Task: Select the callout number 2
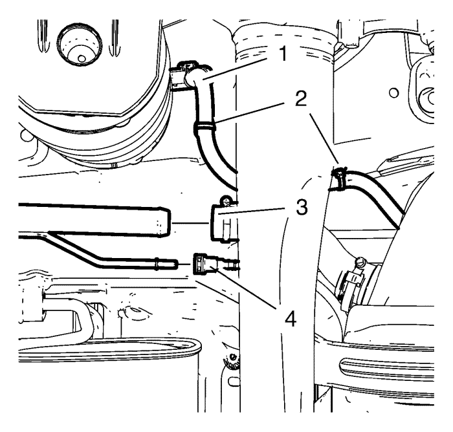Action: [x=301, y=99]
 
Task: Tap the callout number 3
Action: [x=302, y=208]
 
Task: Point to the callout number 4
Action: [x=291, y=319]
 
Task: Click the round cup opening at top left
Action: [x=80, y=46]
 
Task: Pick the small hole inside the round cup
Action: [x=82, y=59]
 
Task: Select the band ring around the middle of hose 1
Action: [x=204, y=126]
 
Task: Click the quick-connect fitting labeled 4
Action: [x=204, y=263]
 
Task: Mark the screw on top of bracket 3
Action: [x=226, y=200]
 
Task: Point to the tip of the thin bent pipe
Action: [x=175, y=264]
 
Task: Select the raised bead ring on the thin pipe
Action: [x=157, y=263]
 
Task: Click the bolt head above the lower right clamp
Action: [x=360, y=263]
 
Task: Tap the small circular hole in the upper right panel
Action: [x=393, y=93]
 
